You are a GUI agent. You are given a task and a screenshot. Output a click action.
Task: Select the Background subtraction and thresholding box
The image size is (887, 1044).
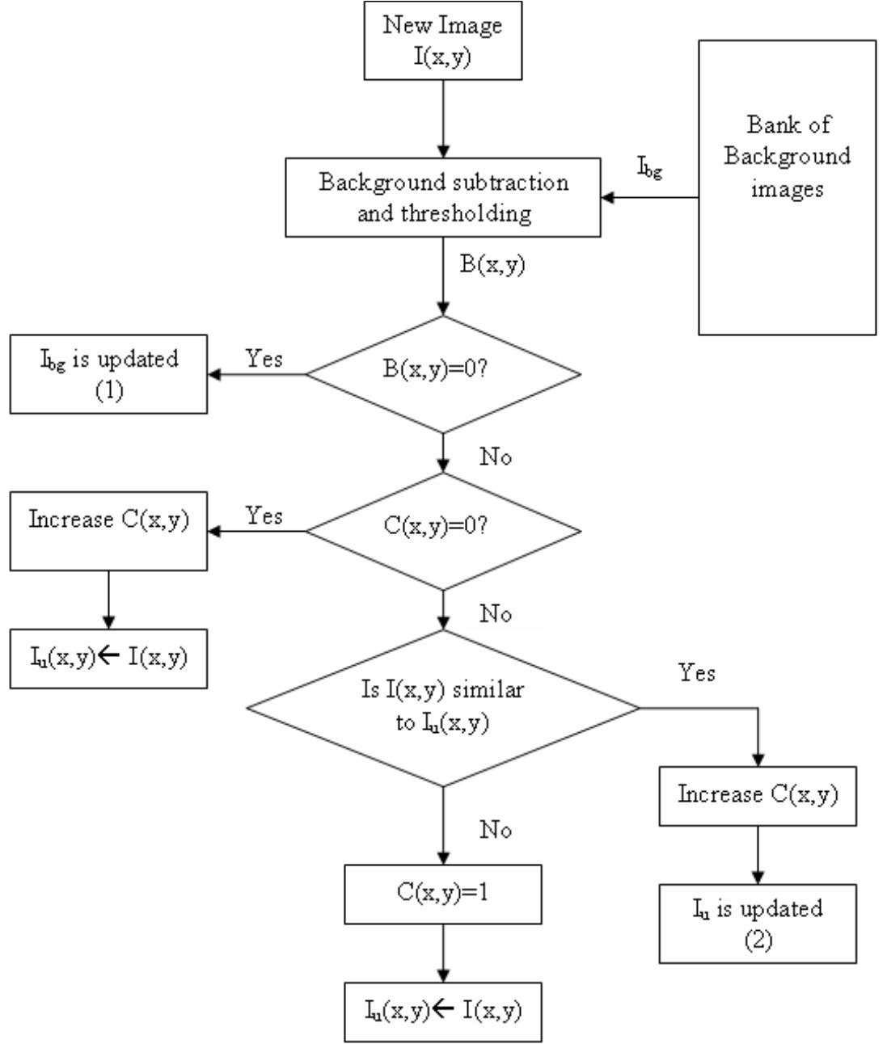point(442,198)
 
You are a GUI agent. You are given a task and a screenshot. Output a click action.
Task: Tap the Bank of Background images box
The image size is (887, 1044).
point(787,187)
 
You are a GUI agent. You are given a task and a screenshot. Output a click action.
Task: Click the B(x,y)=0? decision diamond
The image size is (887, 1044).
point(444,374)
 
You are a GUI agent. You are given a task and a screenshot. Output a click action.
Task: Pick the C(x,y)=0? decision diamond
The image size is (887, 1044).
point(444,531)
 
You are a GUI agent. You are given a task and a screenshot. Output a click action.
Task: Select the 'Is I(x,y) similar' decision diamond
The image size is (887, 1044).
point(443,709)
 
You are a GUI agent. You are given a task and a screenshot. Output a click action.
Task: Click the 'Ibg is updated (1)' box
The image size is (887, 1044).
point(108,374)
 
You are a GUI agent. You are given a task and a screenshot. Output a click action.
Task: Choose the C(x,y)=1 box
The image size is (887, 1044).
point(443,895)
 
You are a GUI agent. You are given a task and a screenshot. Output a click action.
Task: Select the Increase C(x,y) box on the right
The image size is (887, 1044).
point(758,795)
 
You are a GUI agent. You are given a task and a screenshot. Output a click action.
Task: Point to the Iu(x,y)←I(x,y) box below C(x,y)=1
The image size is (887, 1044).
point(443,1010)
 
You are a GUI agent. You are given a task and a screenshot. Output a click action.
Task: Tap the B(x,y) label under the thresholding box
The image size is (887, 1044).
point(492,266)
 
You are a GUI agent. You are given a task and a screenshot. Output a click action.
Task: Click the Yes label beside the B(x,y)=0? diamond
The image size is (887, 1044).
point(264,359)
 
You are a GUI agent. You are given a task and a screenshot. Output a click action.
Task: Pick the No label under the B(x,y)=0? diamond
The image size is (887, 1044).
point(495,457)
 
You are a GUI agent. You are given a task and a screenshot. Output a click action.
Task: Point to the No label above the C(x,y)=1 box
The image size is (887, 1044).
point(495,831)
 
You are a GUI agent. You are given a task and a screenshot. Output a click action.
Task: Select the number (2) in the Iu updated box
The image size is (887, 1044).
point(758,941)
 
